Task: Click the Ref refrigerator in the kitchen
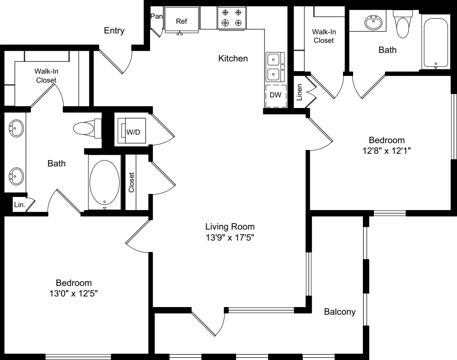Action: coord(181,20)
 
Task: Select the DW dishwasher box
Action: coord(276,96)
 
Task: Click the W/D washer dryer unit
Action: coord(132,130)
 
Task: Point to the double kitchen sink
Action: coord(275,67)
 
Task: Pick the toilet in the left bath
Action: coord(87,128)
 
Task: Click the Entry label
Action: coord(114,30)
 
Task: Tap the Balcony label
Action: coord(340,312)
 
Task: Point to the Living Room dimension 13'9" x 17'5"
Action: coord(230,238)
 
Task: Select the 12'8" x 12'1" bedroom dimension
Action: coord(387,151)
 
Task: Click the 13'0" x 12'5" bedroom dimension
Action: coord(73,294)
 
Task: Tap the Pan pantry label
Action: coord(156,17)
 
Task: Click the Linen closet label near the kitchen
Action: coord(299,92)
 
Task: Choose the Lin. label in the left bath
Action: coord(20,205)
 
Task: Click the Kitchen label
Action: coord(233,58)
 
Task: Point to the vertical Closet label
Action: coord(131,183)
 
